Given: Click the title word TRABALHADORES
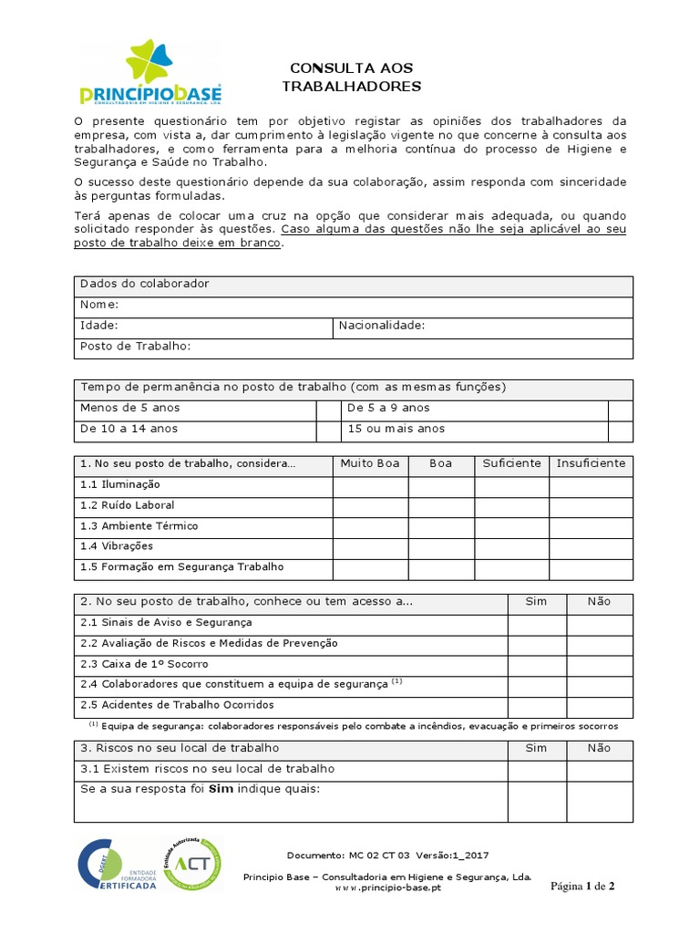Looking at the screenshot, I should (351, 87).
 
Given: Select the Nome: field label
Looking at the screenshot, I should (99, 305).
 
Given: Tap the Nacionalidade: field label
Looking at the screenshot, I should (382, 326).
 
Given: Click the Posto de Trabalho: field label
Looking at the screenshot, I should (135, 347).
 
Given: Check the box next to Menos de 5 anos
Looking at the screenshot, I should (327, 409).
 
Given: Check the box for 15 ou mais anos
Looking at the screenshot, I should (620, 429).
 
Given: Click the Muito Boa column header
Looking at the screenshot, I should (370, 463).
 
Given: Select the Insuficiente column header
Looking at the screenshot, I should (591, 463).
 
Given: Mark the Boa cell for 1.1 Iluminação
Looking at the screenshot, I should (441, 485).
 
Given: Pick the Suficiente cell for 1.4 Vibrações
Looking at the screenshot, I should (511, 547).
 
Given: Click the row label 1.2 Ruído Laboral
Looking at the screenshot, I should (127, 505).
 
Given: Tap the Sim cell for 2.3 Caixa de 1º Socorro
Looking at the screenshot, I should (537, 665).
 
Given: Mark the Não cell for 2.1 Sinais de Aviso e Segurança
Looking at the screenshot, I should (599, 624).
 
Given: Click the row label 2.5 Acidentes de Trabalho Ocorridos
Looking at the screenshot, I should (177, 706).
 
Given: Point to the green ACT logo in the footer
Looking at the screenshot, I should (191, 865).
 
